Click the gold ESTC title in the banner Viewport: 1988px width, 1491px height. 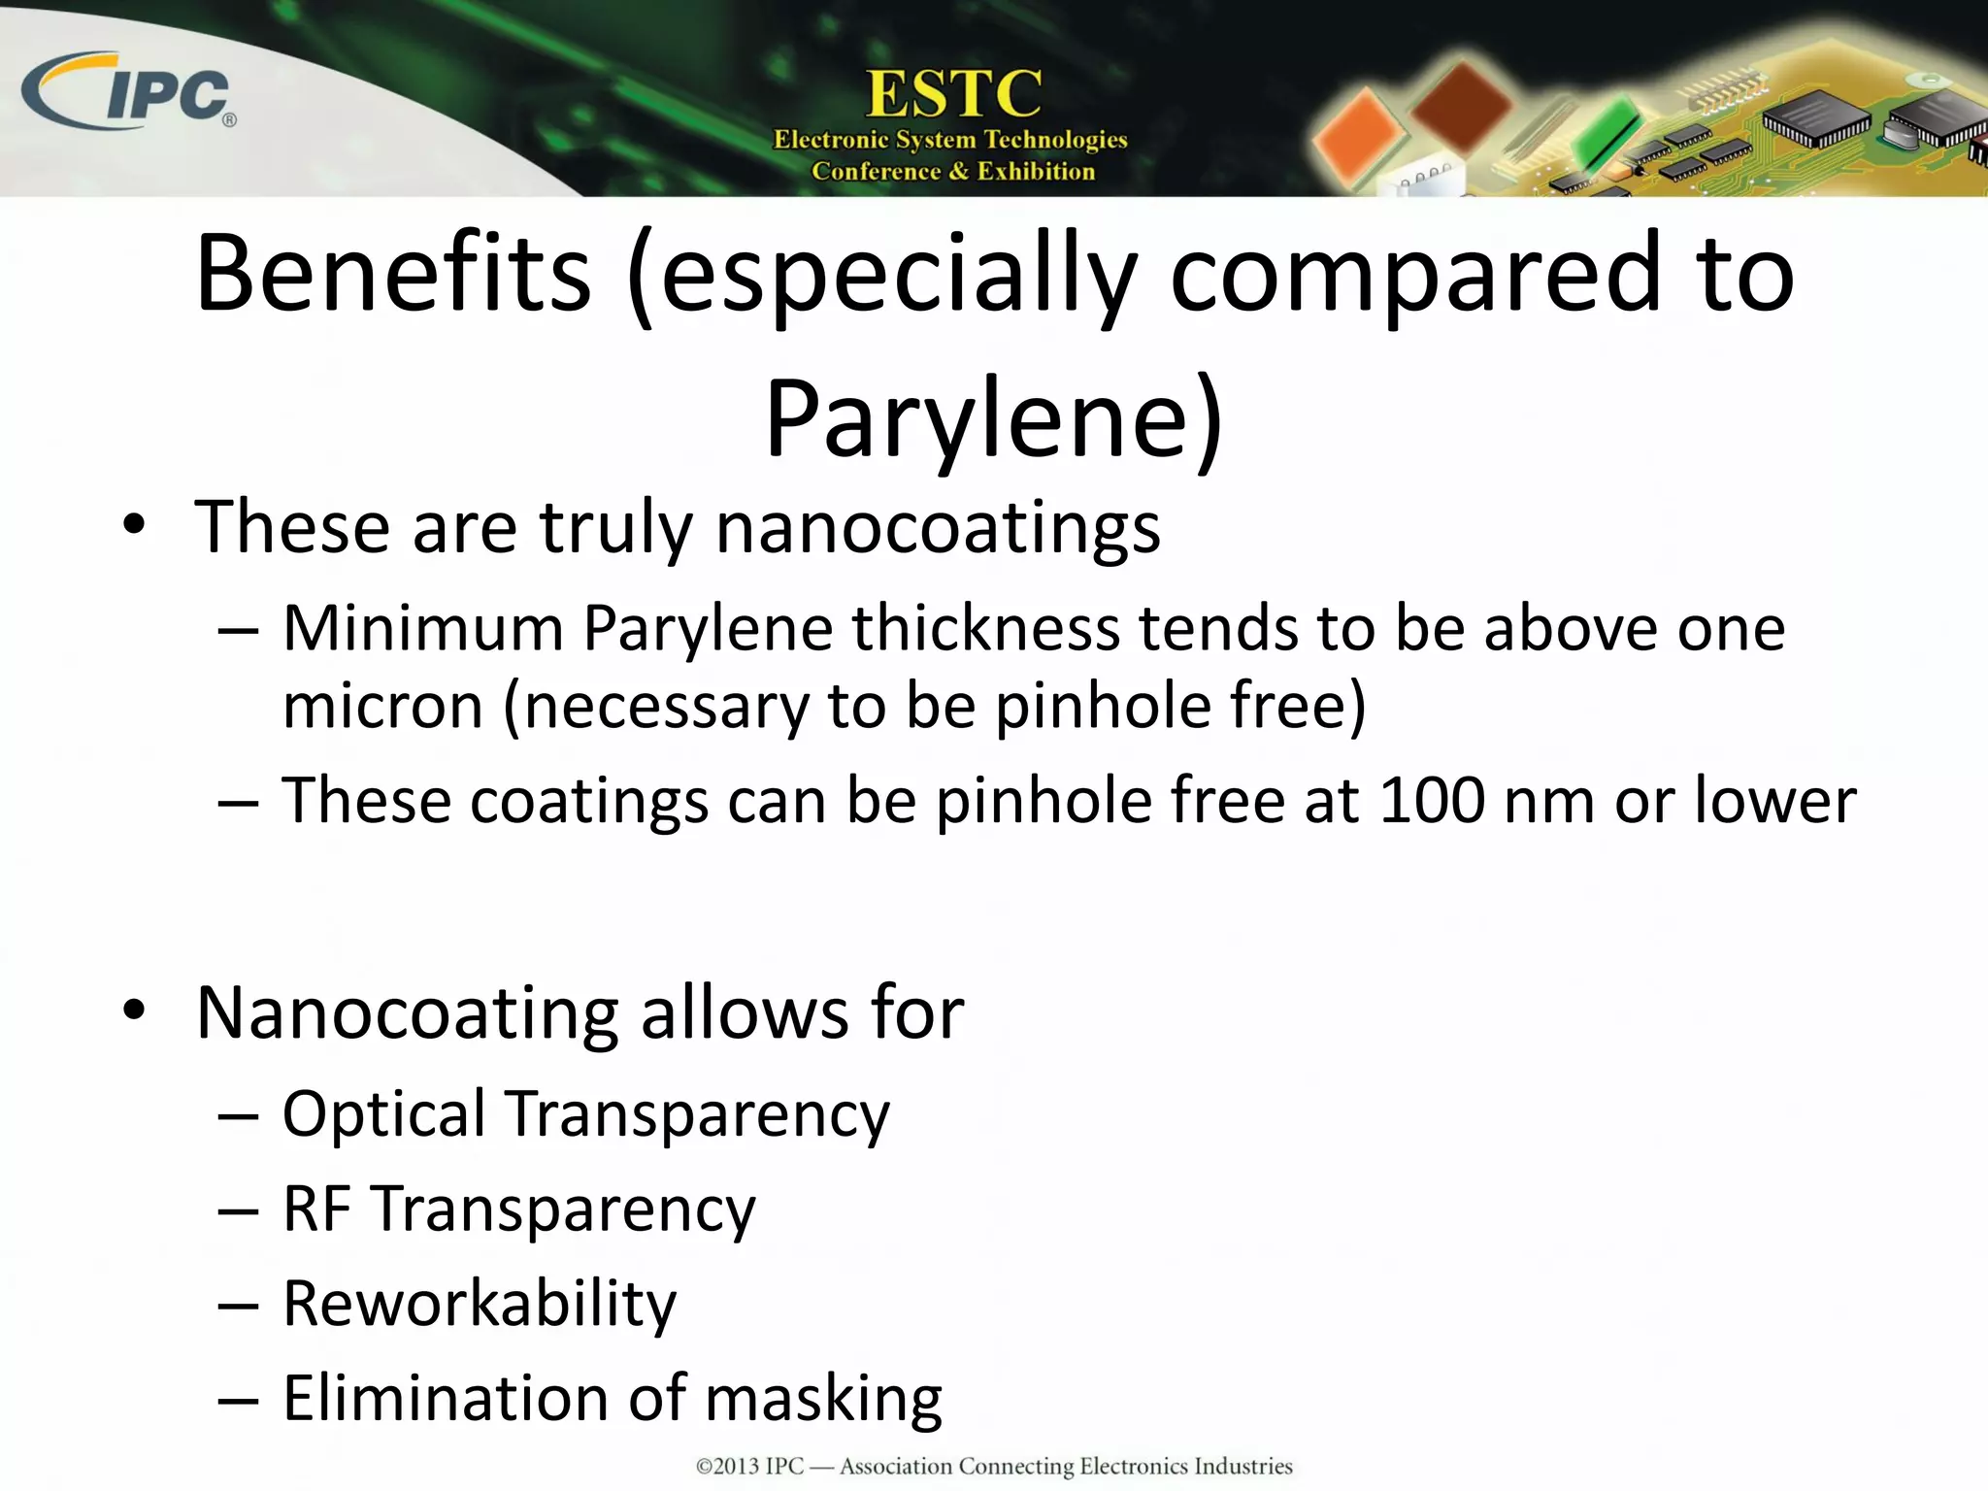pyautogui.click(x=953, y=94)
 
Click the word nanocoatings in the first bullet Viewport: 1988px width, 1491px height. pyautogui.click(x=937, y=528)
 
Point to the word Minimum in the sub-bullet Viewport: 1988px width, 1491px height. pyautogui.click(x=423, y=629)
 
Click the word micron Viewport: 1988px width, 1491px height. pyautogui.click(x=382, y=706)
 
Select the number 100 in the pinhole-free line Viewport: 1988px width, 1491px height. pyautogui.click(x=1431, y=801)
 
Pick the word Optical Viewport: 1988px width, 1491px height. pyautogui.click(x=383, y=1114)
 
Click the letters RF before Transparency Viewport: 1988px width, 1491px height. pyautogui.click(x=316, y=1209)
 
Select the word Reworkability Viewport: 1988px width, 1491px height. pyautogui.click(x=480, y=1304)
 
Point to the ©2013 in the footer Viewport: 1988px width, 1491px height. pyautogui.click(x=727, y=1466)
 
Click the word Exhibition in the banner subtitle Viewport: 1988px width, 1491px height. pyautogui.click(x=1036, y=172)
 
